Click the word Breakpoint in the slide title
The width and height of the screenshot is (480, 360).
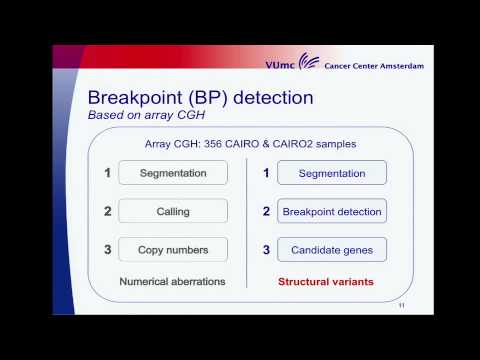[134, 98]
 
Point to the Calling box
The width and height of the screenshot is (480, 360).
[173, 211]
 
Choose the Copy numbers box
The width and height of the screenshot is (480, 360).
[173, 248]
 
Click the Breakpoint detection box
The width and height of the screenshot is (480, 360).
[330, 211]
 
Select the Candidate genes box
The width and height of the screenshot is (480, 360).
[330, 248]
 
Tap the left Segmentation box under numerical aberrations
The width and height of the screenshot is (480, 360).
[173, 173]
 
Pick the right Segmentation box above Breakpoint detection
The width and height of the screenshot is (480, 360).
[330, 173]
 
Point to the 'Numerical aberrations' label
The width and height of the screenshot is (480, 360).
[171, 281]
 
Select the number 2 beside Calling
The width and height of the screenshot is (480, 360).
[107, 211]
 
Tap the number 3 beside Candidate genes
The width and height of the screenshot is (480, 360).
[266, 248]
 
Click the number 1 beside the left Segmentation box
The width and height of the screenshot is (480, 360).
[107, 173]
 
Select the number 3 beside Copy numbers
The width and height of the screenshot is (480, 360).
[107, 248]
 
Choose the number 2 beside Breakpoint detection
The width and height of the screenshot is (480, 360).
[266, 211]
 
